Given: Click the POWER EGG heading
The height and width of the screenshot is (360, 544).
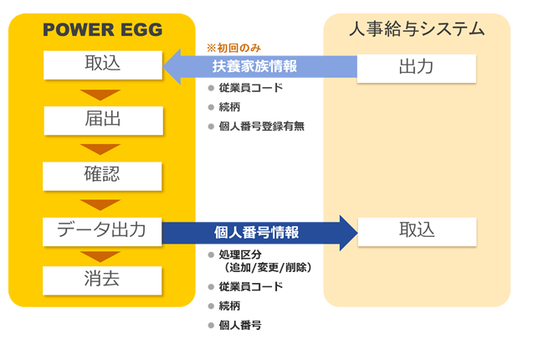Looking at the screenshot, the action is click(x=103, y=29).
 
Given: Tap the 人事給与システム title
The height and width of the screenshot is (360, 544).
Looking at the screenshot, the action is click(x=417, y=28).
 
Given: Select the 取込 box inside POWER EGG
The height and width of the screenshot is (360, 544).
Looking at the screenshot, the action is click(x=103, y=65).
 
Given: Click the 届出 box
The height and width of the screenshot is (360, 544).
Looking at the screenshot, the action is click(x=104, y=121).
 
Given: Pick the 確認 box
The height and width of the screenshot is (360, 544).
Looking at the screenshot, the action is click(x=102, y=176).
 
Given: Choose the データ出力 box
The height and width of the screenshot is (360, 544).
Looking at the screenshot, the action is click(x=102, y=232).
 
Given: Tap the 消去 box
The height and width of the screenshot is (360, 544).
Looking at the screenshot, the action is click(x=102, y=280).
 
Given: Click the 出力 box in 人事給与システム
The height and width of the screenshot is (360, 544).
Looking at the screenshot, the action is click(x=416, y=69).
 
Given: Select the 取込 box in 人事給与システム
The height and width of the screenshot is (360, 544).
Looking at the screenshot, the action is click(x=417, y=232).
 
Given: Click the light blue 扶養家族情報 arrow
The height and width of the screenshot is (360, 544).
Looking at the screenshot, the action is click(x=259, y=67).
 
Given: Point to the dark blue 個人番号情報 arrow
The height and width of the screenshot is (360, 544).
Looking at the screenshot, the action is click(x=259, y=233).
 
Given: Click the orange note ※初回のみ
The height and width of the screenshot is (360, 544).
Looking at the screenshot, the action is click(x=234, y=48).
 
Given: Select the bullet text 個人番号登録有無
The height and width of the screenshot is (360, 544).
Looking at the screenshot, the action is click(x=262, y=126).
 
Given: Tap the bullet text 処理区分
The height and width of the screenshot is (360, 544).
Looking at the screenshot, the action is click(x=240, y=255).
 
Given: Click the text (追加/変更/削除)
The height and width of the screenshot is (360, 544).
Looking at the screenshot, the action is click(x=268, y=267).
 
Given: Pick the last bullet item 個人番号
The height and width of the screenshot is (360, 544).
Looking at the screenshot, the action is click(x=240, y=326).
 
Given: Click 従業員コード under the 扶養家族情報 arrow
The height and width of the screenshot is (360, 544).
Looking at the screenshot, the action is click(x=251, y=88).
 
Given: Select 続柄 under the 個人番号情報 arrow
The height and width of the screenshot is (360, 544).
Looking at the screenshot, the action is click(x=229, y=306).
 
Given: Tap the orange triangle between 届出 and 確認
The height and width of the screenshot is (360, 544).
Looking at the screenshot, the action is click(x=100, y=149).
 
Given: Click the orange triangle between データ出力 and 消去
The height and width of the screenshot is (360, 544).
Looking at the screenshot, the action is click(x=100, y=256).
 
